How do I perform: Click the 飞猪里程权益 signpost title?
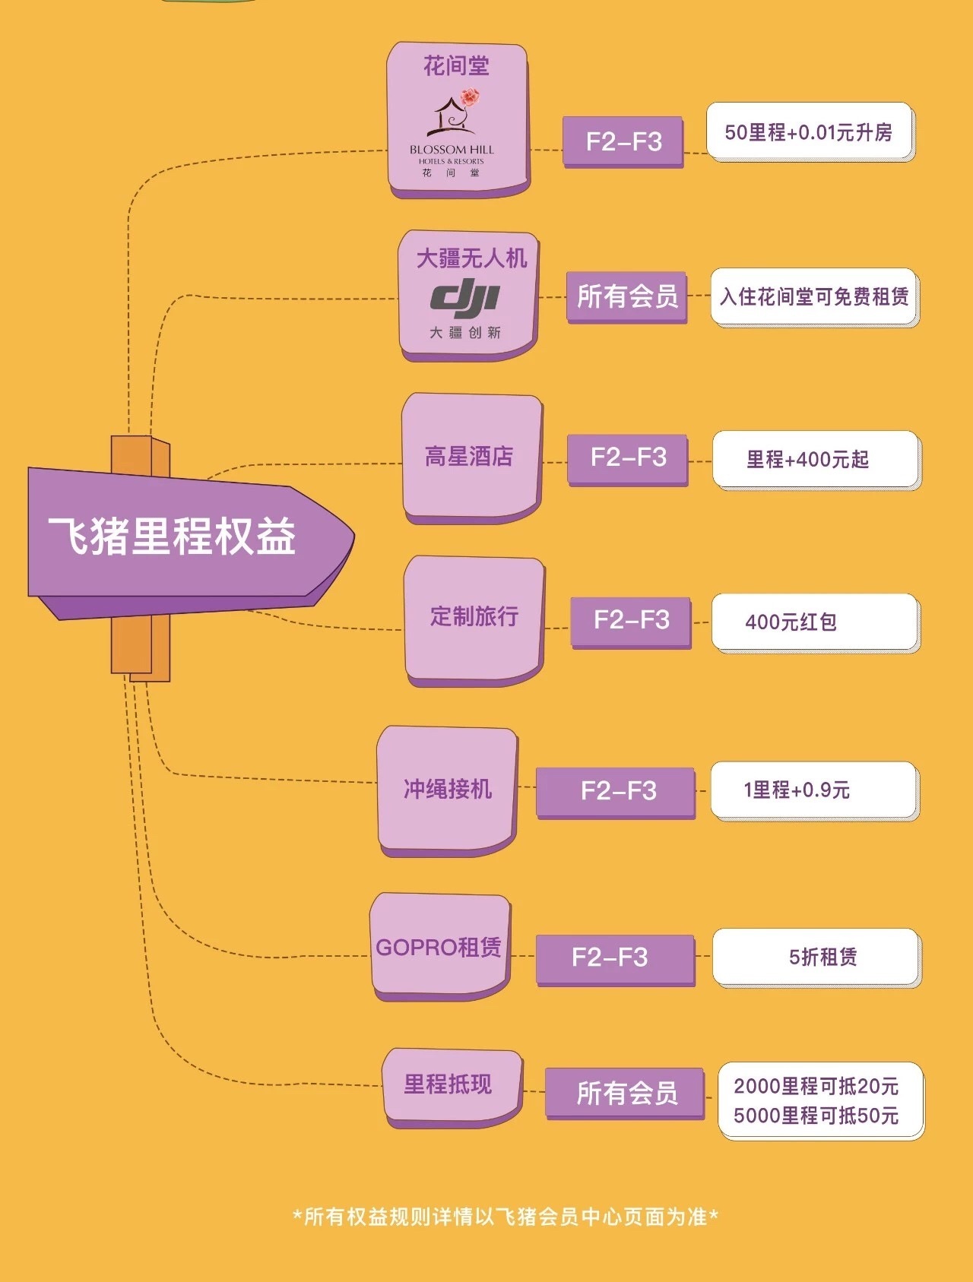coord(173,536)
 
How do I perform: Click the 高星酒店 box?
coord(471,457)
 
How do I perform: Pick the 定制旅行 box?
coord(474,617)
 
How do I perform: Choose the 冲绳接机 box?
coord(448,790)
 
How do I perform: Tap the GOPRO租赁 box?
coord(439,947)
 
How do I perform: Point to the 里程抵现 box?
coord(449,1084)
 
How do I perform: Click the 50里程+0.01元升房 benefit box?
coord(809,132)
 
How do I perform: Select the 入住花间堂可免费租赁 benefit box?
coord(814,296)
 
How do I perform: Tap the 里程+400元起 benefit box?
coord(815,459)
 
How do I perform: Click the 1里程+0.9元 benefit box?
coord(813,790)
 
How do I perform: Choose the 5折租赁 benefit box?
coord(816,957)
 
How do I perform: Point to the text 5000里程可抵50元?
coord(816,1116)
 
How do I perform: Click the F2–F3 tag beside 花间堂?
coord(623,141)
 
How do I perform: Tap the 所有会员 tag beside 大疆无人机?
coord(627,296)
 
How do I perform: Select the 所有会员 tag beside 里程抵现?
coord(626,1094)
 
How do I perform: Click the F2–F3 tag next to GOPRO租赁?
coord(614,958)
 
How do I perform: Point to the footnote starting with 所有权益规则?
coord(506,1217)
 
